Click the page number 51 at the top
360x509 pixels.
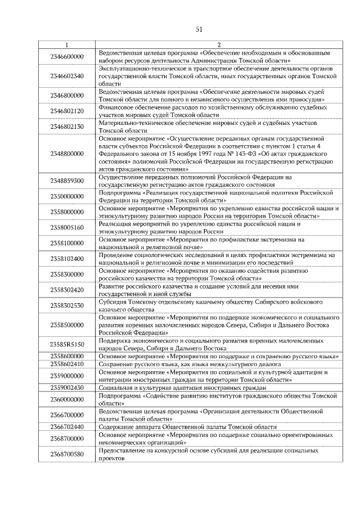click(x=199, y=29)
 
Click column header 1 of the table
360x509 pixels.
click(x=67, y=44)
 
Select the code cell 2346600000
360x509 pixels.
click(x=67, y=56)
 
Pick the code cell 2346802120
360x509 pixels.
click(x=67, y=111)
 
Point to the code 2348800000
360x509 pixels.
click(x=67, y=153)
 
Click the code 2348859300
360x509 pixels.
click(x=67, y=181)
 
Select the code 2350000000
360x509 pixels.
click(x=67, y=196)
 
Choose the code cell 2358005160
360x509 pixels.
click(x=67, y=227)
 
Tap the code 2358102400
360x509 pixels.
click(x=67, y=259)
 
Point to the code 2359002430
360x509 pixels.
click(x=67, y=388)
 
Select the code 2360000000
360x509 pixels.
click(x=67, y=399)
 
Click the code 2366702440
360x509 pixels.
click(x=67, y=427)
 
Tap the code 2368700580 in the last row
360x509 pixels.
click(x=67, y=454)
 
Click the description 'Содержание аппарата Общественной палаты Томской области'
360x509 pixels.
click(x=187, y=427)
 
